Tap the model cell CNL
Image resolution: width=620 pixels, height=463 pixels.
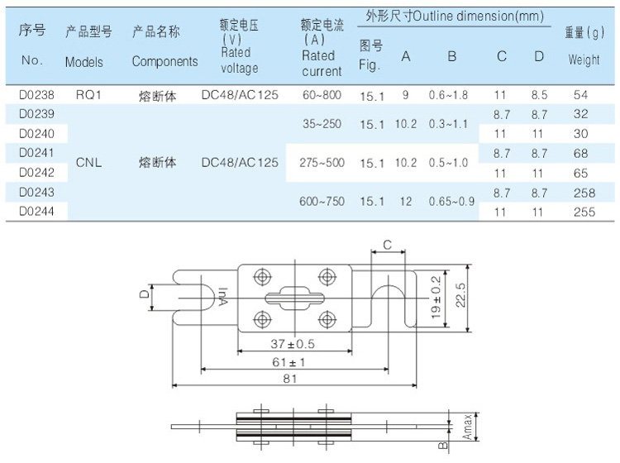[x=88, y=163]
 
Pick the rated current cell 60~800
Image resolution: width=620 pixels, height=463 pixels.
[x=322, y=96]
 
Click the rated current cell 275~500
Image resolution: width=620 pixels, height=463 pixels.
[x=322, y=163]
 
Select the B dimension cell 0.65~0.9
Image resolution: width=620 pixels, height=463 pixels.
[x=451, y=201]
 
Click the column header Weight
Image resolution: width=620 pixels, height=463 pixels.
[x=584, y=60]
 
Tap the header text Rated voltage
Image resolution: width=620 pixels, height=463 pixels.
[x=240, y=60]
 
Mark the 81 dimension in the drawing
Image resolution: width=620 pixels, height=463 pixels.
[x=292, y=379]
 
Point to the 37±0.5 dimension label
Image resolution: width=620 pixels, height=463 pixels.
[x=293, y=342]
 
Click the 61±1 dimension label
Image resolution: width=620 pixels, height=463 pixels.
[x=293, y=361]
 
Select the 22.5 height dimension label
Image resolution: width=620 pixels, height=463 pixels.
[x=470, y=294]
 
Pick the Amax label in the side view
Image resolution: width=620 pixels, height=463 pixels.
[x=468, y=425]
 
